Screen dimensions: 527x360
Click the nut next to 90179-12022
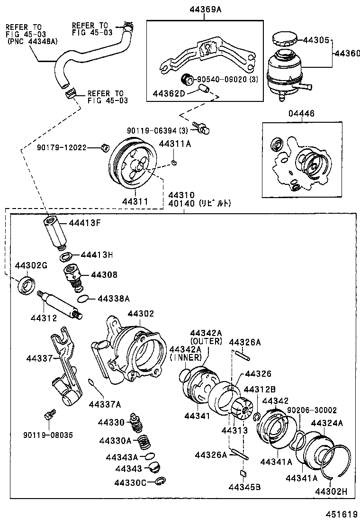tap(104, 148)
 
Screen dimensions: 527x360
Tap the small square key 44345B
tap(243, 472)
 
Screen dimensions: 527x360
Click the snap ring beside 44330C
tap(160, 482)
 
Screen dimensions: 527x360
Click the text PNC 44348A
tap(32, 42)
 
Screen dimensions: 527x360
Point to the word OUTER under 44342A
tap(206, 341)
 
